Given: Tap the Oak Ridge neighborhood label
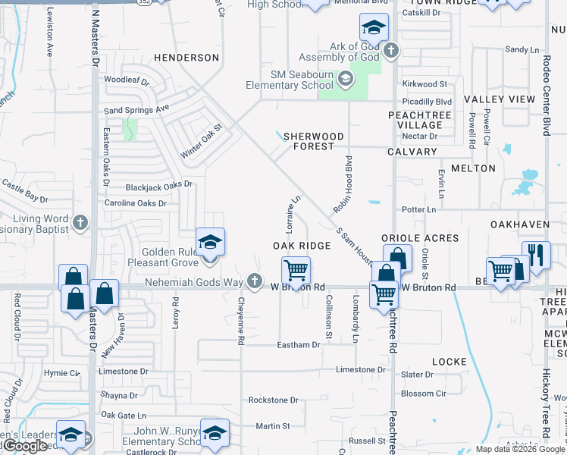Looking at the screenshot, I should tap(302, 246).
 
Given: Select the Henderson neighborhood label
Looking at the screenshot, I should tap(186, 58).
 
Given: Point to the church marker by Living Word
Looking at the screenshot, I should tap(82, 223).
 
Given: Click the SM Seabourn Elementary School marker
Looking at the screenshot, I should tap(345, 79).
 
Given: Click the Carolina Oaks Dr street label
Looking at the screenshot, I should tap(135, 203).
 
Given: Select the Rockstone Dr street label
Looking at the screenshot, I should tap(274, 400).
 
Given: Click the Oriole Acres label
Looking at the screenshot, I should tap(420, 238).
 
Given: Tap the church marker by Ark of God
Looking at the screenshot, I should tap(390, 52).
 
